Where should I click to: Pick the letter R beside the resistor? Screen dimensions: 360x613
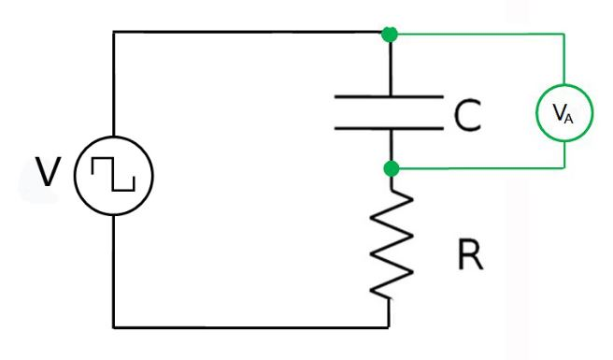point(473,255)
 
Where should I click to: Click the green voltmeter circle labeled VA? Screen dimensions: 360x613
point(563,115)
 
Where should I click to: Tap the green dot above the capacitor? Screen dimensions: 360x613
point(391,34)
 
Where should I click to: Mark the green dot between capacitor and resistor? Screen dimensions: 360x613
point(391,168)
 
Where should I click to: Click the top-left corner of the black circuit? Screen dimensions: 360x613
point(113,33)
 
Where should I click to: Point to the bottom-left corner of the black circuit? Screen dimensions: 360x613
point(113,327)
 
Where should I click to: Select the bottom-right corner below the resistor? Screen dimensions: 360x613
point(390,327)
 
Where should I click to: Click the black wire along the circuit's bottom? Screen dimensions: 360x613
point(252,327)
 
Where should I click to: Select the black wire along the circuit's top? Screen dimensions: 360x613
point(252,33)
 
